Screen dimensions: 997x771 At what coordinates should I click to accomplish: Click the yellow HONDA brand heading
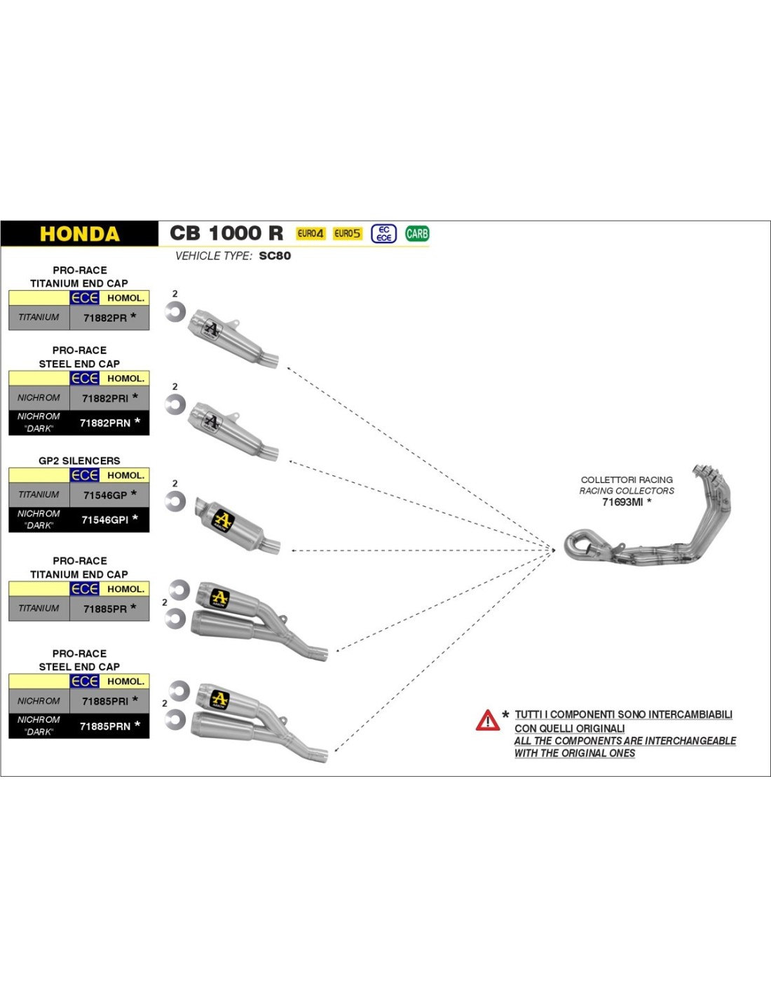pyautogui.click(x=79, y=233)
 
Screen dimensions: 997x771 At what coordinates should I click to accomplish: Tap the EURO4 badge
pyautogui.click(x=310, y=233)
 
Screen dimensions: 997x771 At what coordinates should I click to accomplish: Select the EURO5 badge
pyautogui.click(x=347, y=233)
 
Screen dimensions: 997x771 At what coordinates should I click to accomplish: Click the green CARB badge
pyautogui.click(x=417, y=233)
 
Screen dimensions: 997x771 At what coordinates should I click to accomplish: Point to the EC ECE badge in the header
pyautogui.click(x=383, y=233)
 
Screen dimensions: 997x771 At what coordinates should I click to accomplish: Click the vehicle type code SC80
pyautogui.click(x=275, y=256)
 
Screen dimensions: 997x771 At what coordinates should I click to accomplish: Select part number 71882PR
pyautogui.click(x=105, y=318)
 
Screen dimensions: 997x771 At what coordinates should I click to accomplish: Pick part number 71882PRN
pyautogui.click(x=105, y=423)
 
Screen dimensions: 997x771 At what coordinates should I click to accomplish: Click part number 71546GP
pyautogui.click(x=105, y=495)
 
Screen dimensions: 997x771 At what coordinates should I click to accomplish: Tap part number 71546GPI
pyautogui.click(x=105, y=520)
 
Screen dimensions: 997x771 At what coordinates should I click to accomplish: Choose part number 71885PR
pyautogui.click(x=105, y=609)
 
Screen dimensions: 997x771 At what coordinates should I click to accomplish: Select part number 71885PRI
pyautogui.click(x=105, y=701)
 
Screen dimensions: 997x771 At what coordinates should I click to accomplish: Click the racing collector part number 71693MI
pyautogui.click(x=622, y=502)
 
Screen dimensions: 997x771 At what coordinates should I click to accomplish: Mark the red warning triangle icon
pyautogui.click(x=487, y=720)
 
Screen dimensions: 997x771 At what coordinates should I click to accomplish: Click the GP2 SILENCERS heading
pyautogui.click(x=79, y=461)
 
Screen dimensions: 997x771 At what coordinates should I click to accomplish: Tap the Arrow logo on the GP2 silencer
pyautogui.click(x=222, y=520)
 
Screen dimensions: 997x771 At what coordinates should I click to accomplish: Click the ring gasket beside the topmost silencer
pyautogui.click(x=175, y=311)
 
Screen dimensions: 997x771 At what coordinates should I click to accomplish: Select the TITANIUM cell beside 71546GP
pyautogui.click(x=39, y=495)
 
